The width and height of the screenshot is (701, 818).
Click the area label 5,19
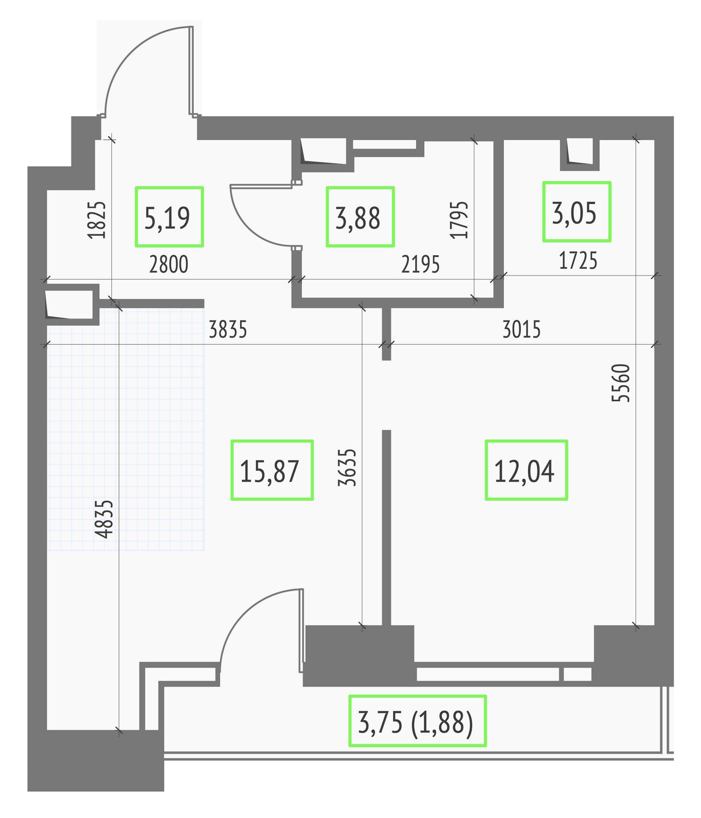pyautogui.click(x=167, y=218)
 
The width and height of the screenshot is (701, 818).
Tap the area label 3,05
pyautogui.click(x=574, y=213)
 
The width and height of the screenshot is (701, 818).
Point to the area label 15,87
pyautogui.click(x=269, y=471)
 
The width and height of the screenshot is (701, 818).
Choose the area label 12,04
pyautogui.click(x=524, y=471)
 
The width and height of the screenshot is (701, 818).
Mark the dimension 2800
pyautogui.click(x=168, y=264)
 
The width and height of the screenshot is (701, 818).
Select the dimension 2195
pyautogui.click(x=420, y=264)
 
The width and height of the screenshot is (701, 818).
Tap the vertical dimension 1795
pyautogui.click(x=459, y=220)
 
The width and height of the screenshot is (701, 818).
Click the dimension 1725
pyautogui.click(x=578, y=261)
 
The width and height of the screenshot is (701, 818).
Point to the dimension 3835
pyautogui.click(x=228, y=329)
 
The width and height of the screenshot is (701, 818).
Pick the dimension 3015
pyautogui.click(x=521, y=329)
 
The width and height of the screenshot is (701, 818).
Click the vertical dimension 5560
pyautogui.click(x=621, y=383)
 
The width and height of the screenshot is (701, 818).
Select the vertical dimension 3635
pyautogui.click(x=348, y=467)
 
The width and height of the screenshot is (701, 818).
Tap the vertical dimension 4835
pyautogui.click(x=104, y=520)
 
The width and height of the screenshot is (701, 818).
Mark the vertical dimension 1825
pyautogui.click(x=97, y=220)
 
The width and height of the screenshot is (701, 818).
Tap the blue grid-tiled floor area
pyautogui.click(x=126, y=429)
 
